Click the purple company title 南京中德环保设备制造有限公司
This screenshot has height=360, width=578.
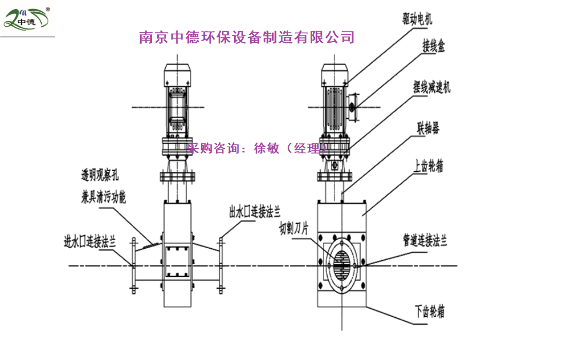pos(246,37)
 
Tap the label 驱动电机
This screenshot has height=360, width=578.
pos(417,20)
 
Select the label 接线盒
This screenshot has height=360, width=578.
pos(434,47)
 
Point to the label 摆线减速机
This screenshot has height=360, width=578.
pos(431,87)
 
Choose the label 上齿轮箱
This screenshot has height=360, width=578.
pos(428,166)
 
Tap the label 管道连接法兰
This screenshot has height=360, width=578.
pos(425,241)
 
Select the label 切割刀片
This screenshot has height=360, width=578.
pos(294,229)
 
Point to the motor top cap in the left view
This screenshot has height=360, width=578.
pos(176,72)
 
